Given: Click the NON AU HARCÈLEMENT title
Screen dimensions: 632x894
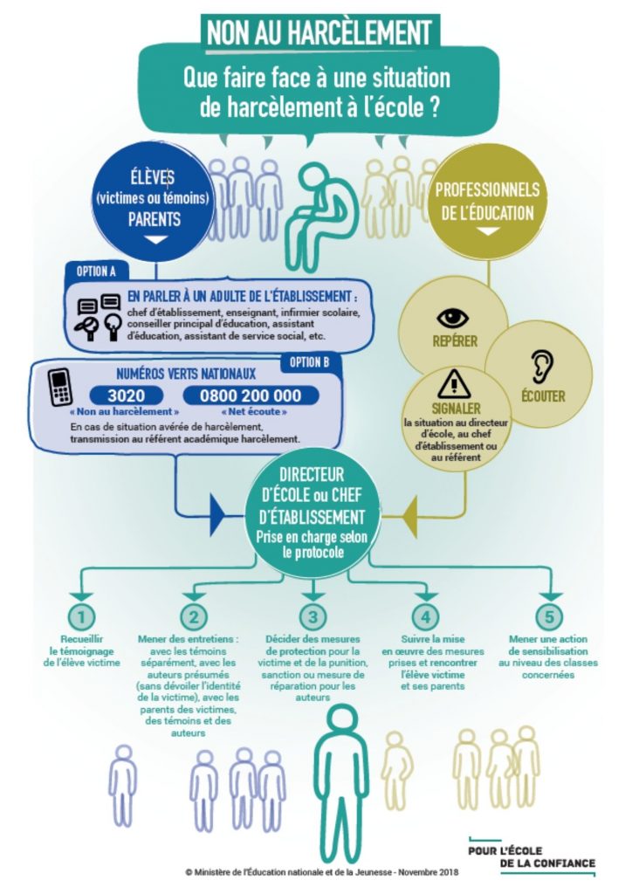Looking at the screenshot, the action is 319,32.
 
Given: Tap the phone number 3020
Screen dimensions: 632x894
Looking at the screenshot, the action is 126,395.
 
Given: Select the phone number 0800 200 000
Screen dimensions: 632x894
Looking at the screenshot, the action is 251,395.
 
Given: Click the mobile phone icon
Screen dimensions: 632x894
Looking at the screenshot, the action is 59,387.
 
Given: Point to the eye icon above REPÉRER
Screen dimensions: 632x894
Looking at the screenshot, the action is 453,318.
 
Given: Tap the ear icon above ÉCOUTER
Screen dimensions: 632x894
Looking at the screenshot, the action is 541,366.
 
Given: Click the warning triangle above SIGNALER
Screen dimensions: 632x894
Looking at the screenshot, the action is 454,384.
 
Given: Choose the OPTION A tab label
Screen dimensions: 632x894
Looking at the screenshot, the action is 96,271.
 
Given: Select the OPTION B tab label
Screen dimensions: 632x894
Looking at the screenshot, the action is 309,362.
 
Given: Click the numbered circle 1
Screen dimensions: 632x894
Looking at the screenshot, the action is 81,617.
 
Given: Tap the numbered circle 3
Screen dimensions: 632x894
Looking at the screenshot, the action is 313,617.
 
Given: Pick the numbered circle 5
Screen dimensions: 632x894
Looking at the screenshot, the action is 549,617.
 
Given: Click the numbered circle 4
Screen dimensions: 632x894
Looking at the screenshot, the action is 425,617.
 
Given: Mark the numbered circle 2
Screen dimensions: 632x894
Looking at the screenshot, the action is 194,617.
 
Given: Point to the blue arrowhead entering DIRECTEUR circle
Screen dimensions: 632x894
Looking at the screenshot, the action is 219,517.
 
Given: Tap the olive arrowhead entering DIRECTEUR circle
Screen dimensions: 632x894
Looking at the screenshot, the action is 409,517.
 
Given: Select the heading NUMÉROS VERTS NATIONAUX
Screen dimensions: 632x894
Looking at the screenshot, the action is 186,374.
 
